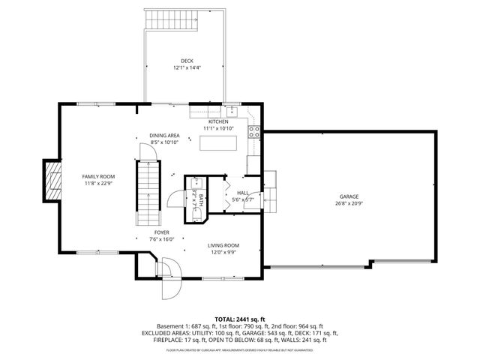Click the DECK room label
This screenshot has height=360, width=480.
click(187, 61)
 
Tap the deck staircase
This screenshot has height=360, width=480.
click(171, 20)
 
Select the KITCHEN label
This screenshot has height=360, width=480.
click(218, 121)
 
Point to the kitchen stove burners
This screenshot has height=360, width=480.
click(253, 133)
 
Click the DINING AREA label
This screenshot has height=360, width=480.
click(164, 135)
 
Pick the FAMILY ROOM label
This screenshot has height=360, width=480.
click(98, 176)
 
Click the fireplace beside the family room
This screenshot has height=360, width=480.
click(52, 181)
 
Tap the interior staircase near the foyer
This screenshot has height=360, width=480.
click(148, 193)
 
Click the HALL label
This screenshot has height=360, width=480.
click(242, 193)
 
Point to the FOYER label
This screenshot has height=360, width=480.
click(161, 232)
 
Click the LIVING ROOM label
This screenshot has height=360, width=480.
click(223, 245)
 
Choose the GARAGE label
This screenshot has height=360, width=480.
click(347, 196)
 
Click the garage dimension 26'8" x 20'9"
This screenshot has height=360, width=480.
click(347, 203)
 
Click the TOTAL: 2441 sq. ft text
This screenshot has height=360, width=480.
click(239, 319)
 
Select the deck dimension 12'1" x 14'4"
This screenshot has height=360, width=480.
click(187, 68)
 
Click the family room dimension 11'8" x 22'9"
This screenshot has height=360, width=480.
click(98, 183)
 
